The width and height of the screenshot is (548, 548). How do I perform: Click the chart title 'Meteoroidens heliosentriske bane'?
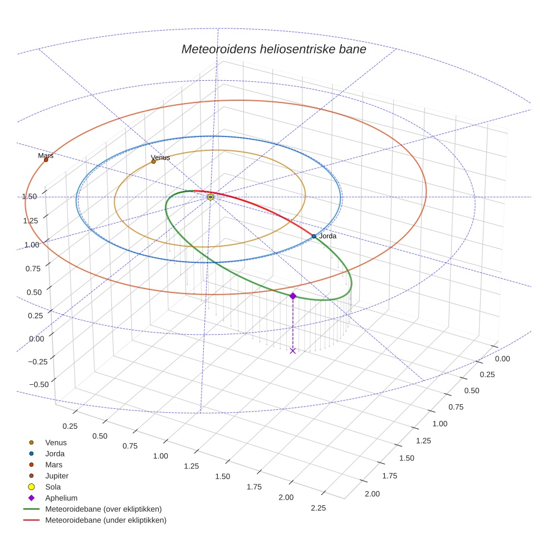(x=273, y=49)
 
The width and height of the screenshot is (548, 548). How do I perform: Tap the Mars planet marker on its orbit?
(x=46, y=160)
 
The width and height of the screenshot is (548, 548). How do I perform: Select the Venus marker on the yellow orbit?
(x=154, y=162)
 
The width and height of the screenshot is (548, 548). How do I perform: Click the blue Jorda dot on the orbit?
(x=314, y=236)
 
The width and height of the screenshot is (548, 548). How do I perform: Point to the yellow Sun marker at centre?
(x=211, y=197)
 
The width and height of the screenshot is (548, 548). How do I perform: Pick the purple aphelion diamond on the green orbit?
(x=293, y=296)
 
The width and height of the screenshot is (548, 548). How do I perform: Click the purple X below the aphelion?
(x=293, y=350)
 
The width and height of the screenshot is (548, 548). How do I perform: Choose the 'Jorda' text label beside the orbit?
(x=327, y=236)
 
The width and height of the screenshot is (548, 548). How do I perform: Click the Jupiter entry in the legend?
(x=57, y=476)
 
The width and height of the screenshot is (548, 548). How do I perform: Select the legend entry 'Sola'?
(x=53, y=487)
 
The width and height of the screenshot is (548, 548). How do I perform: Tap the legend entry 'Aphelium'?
(x=61, y=498)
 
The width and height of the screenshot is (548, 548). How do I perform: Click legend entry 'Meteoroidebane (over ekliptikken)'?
(x=103, y=509)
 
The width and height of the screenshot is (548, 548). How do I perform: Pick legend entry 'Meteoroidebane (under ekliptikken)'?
(x=105, y=520)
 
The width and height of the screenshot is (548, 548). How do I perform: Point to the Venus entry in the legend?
(x=56, y=442)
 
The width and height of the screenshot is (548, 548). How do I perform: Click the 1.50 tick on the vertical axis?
(x=30, y=196)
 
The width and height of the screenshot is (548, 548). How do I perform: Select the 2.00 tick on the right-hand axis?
(x=371, y=493)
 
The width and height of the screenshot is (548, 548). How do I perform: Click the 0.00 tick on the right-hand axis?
(x=502, y=359)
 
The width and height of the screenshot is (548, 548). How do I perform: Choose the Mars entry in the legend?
(x=53, y=464)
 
